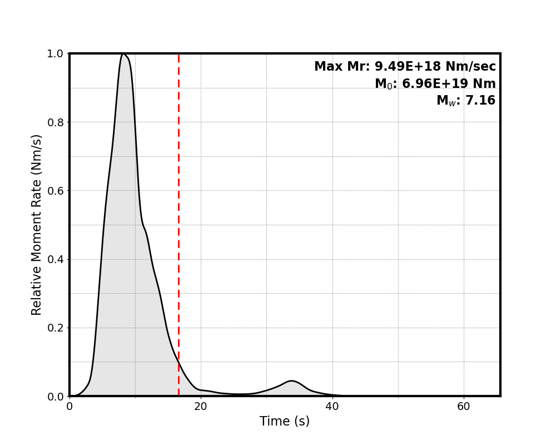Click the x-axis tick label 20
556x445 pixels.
[x=201, y=407]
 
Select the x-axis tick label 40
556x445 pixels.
[x=332, y=407]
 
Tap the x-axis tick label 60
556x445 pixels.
[x=463, y=407]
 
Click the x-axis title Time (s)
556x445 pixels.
[x=285, y=422]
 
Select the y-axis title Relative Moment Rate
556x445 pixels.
[x=37, y=225]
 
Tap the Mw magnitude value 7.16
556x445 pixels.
[x=481, y=101]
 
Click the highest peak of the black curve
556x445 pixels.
[x=123, y=54]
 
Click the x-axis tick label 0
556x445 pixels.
[x=69, y=407]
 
